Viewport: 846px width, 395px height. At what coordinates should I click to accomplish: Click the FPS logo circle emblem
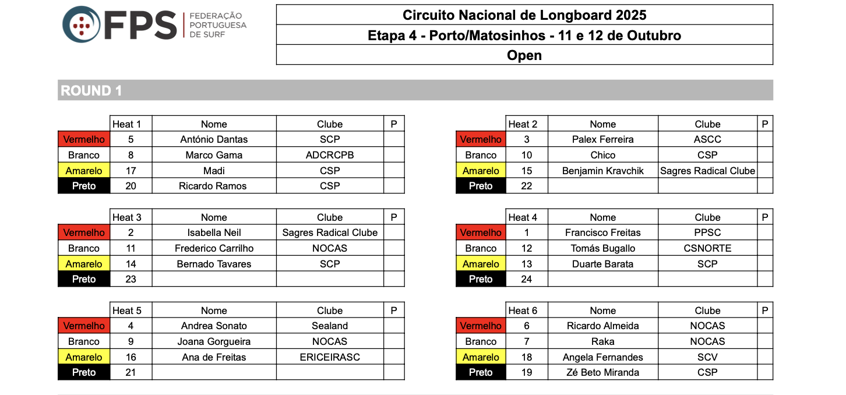[81, 24]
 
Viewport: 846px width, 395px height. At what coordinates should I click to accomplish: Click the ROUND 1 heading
[91, 91]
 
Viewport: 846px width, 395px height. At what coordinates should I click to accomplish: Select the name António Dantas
[214, 139]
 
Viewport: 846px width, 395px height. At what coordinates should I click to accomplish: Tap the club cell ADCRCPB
[330, 155]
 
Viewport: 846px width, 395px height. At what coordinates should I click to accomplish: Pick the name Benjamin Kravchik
[602, 171]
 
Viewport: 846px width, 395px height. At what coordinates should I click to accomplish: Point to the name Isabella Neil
[214, 232]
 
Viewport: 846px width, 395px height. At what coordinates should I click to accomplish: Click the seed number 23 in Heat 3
[131, 279]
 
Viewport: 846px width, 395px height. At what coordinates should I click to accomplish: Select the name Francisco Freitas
[602, 232]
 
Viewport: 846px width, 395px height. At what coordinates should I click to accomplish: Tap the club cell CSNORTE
[707, 248]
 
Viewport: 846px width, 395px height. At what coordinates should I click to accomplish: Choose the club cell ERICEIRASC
[330, 357]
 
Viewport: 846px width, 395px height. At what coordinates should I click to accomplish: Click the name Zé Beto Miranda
[602, 372]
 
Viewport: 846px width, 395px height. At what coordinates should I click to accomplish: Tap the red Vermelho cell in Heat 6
[481, 326]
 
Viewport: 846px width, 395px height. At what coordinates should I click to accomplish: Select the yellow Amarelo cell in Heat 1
[84, 171]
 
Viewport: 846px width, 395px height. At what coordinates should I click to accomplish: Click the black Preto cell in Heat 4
[481, 279]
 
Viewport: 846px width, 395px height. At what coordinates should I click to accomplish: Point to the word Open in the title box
[524, 55]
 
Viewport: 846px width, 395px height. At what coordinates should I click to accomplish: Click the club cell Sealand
[330, 326]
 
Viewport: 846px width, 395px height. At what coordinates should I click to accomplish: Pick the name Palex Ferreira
[602, 139]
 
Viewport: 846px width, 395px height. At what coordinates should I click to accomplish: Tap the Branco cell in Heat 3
[84, 248]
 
